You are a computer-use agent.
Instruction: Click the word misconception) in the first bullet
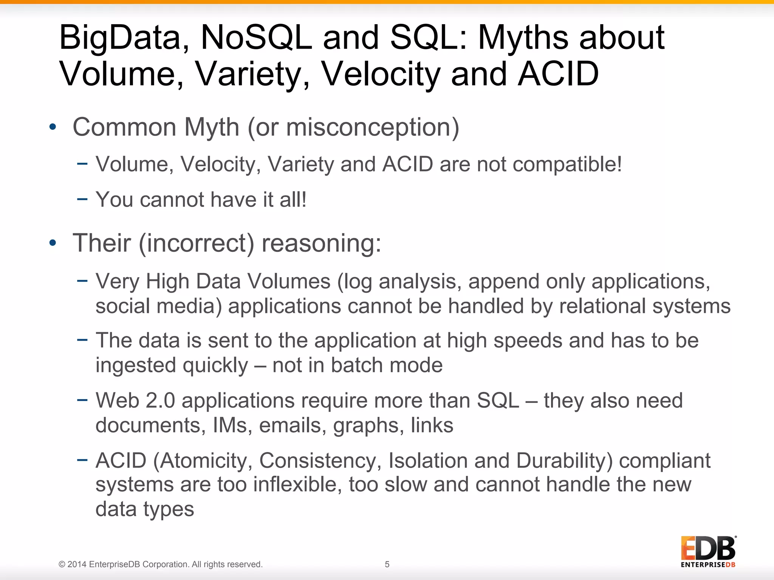(373, 127)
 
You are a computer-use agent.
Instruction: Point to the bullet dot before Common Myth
(53, 127)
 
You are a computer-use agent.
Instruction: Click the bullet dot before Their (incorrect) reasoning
(53, 243)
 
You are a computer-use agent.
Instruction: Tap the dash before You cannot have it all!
(82, 199)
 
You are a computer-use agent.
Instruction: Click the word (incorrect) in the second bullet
(197, 243)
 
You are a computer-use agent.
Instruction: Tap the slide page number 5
(387, 564)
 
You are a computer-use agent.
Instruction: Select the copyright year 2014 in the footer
(77, 565)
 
